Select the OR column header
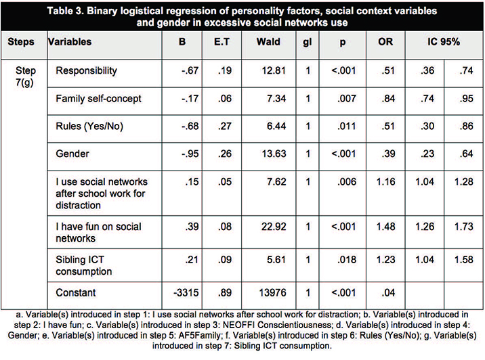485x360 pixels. pos(383,41)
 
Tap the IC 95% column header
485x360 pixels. pos(444,41)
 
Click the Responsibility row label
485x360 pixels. pos(86,70)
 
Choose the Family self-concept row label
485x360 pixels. pos(98,99)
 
